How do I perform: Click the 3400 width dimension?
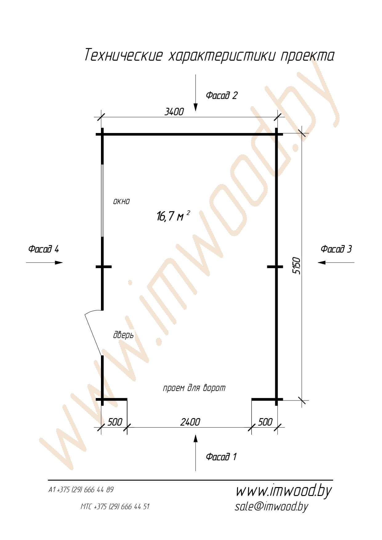[x=174, y=111]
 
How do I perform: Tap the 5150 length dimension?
[x=296, y=265]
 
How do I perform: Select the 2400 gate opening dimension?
[x=190, y=422]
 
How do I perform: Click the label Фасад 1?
[x=221, y=456]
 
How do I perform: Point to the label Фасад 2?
[x=222, y=95]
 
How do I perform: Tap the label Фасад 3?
[x=336, y=249]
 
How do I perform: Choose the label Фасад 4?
[x=43, y=249]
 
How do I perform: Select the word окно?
[x=122, y=202]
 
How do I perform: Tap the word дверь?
[x=123, y=335]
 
